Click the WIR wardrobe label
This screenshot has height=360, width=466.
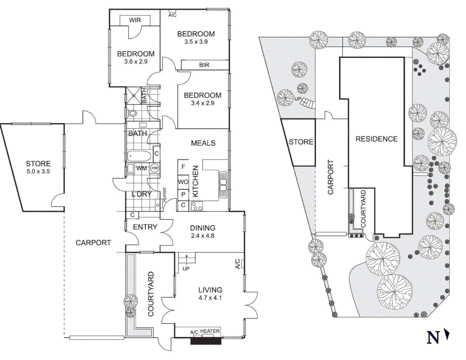tap(135, 20)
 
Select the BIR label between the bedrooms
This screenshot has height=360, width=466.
tap(204, 65)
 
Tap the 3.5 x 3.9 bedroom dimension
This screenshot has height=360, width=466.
tap(196, 42)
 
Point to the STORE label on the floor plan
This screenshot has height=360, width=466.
tap(38, 164)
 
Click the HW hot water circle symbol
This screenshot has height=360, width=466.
tap(155, 168)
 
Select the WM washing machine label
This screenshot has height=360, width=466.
tap(141, 168)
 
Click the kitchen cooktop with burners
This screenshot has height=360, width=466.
tap(197, 206)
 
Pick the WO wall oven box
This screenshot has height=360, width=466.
tap(183, 182)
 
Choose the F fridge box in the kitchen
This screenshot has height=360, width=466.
tap(183, 166)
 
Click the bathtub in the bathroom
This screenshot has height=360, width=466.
tap(139, 156)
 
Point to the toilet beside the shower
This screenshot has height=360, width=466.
tap(133, 113)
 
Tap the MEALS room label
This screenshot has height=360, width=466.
tap(203, 143)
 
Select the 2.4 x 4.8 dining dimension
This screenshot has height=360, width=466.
tap(202, 236)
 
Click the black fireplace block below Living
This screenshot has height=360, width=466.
tap(206, 341)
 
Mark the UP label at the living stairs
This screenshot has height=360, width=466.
tap(186, 269)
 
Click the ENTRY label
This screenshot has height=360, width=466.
tap(145, 227)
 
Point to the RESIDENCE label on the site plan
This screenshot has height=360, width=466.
tap(376, 139)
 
